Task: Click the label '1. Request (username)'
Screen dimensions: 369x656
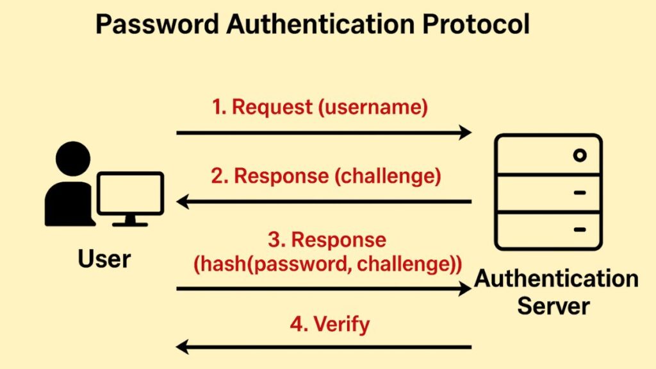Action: click(x=320, y=107)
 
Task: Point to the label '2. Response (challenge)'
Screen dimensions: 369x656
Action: click(x=326, y=176)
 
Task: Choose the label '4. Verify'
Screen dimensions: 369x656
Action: click(x=329, y=324)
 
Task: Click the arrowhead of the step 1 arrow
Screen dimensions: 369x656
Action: click(x=464, y=133)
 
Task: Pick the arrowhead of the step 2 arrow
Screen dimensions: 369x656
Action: click(x=183, y=203)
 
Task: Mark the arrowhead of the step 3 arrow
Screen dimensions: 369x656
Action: click(x=464, y=289)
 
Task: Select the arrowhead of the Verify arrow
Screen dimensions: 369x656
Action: click(x=183, y=348)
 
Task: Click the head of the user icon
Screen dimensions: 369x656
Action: click(x=73, y=159)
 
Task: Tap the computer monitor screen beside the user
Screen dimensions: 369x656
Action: click(x=130, y=193)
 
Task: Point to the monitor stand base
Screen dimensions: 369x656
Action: click(x=130, y=224)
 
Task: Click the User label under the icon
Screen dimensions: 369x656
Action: click(x=104, y=259)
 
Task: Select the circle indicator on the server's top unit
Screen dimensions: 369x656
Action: click(x=580, y=155)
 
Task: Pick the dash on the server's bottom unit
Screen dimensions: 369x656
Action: click(x=580, y=229)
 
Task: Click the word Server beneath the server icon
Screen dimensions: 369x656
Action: click(x=553, y=305)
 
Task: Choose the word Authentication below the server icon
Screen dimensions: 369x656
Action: click(x=556, y=279)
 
